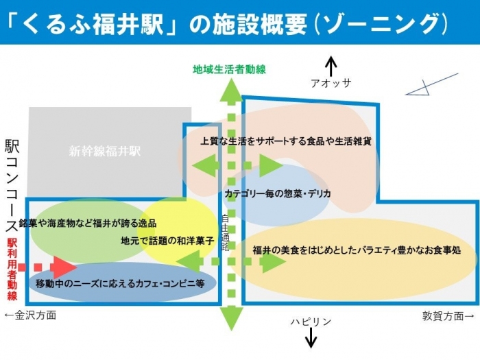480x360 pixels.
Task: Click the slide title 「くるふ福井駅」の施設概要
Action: (226, 23)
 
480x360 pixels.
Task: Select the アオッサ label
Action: (331, 83)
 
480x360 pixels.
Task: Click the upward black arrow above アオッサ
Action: (331, 66)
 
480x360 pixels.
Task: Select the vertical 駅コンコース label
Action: (12, 185)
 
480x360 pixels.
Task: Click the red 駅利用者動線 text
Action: (12, 269)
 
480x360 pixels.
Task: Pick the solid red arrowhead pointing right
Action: (63, 267)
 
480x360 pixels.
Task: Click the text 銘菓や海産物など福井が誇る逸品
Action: (88, 224)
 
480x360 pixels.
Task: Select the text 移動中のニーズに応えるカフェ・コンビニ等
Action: (121, 283)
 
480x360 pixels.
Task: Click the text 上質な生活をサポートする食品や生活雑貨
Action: (286, 141)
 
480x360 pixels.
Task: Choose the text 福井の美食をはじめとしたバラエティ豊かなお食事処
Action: (356, 250)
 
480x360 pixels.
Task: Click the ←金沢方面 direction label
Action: (30, 315)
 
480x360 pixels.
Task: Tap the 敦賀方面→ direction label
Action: (448, 315)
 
